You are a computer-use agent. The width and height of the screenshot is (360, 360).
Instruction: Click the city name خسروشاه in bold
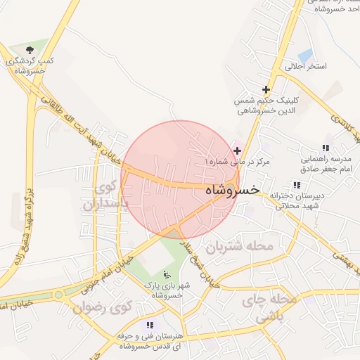232,191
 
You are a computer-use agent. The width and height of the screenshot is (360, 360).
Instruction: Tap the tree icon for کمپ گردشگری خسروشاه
30,50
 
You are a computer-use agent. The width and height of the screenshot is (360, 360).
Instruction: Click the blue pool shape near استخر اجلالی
305,56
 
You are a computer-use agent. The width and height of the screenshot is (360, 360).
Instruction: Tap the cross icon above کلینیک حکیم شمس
266,89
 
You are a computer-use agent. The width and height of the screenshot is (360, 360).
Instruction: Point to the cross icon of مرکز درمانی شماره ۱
238,150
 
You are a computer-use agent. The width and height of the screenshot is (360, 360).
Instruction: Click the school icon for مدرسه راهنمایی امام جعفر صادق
325,148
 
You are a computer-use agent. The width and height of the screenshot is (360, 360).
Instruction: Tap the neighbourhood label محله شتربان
238,247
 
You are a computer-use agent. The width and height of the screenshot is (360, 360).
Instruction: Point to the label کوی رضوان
103,307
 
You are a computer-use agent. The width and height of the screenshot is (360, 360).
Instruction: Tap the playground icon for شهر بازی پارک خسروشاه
167,274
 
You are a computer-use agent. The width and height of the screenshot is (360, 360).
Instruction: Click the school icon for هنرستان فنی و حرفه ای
149,325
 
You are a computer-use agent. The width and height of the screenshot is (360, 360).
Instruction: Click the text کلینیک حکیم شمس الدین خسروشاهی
266,105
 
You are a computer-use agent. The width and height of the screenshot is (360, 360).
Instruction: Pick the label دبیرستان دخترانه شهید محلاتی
296,200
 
